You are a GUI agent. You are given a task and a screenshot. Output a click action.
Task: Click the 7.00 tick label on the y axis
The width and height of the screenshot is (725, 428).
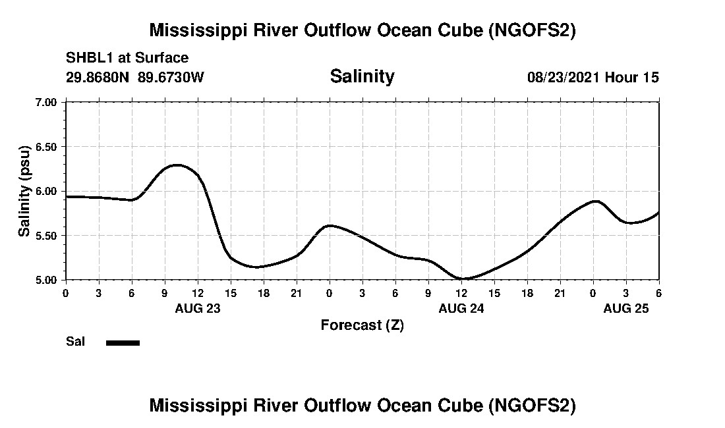pos(47,102)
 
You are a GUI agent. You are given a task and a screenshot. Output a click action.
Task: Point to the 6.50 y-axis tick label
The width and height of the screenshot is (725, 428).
pos(47,146)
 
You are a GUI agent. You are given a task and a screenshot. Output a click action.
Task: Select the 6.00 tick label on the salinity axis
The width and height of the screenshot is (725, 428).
pos(47,191)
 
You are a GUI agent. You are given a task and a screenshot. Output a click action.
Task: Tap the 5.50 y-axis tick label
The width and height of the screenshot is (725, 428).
pos(47,235)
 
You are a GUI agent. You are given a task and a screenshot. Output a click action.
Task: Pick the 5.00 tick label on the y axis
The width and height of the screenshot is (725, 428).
pos(47,280)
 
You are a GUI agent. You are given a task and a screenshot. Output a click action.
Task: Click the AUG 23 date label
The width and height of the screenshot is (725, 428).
pos(198,308)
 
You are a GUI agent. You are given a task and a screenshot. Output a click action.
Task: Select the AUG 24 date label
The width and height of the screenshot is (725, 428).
pos(461,308)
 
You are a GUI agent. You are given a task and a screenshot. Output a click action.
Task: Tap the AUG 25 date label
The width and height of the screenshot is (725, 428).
pos(626,308)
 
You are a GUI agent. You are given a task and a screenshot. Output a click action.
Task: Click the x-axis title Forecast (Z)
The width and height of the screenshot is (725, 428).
pos(362,325)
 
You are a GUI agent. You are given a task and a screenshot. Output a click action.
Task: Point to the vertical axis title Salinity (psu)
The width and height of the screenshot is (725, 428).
pos(24,191)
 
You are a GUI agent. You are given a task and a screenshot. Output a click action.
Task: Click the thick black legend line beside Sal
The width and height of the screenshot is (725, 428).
pos(123,342)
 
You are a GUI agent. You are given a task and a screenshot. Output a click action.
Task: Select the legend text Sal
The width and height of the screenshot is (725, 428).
pos(75,342)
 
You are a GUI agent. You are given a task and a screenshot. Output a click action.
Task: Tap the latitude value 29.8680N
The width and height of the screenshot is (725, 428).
pos(99,77)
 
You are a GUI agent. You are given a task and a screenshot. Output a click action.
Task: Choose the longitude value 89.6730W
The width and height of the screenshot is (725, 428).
pos(171,77)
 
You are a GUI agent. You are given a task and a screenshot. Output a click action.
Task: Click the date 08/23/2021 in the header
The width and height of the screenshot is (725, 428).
pos(564,77)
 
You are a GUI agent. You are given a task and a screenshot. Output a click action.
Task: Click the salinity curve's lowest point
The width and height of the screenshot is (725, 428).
pos(463,279)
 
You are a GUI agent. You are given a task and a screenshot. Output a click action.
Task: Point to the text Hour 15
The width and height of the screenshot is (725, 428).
pos(632,77)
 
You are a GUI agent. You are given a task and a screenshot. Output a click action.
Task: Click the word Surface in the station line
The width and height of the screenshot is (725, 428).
pos(162,59)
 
